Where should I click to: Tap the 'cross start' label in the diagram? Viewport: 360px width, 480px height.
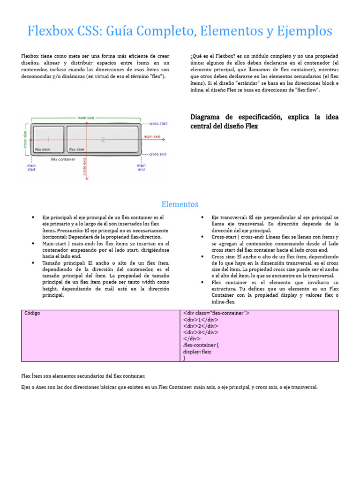pos(158,124)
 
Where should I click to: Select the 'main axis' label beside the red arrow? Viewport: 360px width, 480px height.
pos(152,136)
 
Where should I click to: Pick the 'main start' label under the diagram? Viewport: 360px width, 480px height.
pos(31,167)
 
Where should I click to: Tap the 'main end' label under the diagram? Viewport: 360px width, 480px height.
pos(141,167)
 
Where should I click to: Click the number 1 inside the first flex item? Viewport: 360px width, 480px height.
pos(48,139)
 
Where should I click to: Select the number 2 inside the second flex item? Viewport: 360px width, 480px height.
pos(103,139)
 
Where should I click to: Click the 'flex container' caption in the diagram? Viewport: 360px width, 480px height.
pos(63,159)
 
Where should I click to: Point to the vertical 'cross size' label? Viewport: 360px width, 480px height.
pos(25,139)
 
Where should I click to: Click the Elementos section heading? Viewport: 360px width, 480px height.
pos(180,204)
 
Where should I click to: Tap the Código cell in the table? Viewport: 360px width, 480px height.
pos(32,313)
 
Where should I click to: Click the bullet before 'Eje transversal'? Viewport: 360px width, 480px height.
pos(202,217)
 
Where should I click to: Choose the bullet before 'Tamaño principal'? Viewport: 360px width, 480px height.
pos(33,263)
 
